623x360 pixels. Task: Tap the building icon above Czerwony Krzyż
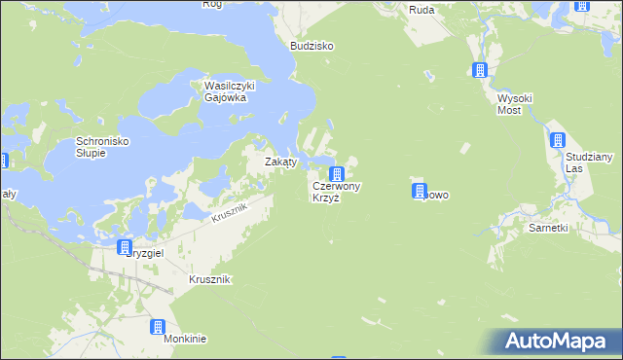[x=336, y=174]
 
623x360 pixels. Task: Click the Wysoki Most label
[x=510, y=104]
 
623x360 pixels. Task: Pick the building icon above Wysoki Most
[x=479, y=70]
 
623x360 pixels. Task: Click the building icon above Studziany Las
[x=557, y=139]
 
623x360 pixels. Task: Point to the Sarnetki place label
[x=547, y=228]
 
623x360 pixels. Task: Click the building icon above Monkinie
[x=158, y=328]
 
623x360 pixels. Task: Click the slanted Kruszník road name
[x=230, y=209]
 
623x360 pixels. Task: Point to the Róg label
[x=212, y=4]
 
